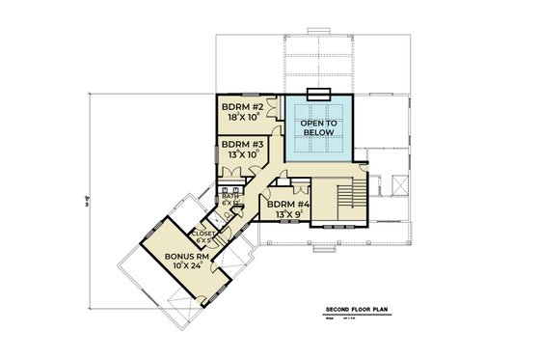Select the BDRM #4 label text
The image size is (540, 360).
pyautogui.click(x=287, y=204)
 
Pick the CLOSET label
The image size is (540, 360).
pyautogui.click(x=204, y=233)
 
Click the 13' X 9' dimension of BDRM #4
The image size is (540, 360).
pyautogui.click(x=287, y=214)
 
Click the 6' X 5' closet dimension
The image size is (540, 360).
pyautogui.click(x=204, y=240)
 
